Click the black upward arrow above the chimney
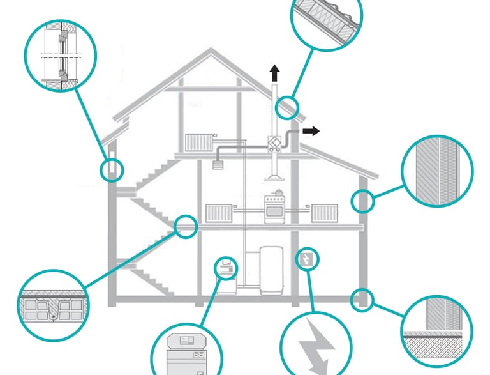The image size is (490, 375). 274,72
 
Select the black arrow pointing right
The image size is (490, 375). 311,131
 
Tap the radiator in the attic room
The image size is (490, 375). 198,143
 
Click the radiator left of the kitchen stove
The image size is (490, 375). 219,213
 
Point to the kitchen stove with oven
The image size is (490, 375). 274,208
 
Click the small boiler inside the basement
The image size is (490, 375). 225,268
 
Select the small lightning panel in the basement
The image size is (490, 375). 306,259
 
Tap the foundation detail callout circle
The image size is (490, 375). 438,332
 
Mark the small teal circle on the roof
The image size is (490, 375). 287,106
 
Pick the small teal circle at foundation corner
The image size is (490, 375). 362,298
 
